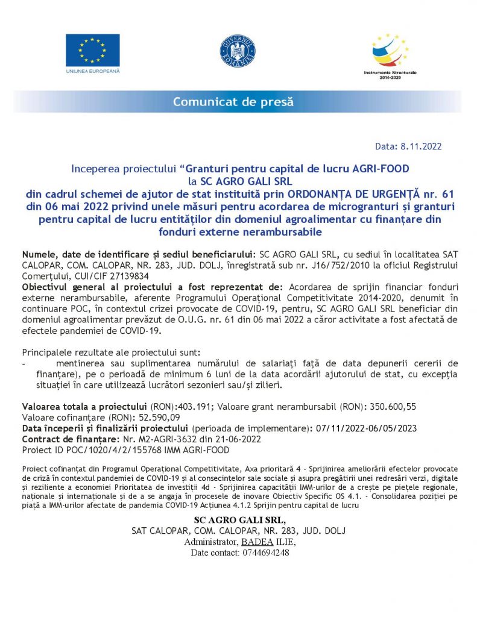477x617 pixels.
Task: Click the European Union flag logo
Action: point(92,50)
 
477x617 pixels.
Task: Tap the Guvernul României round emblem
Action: point(238,51)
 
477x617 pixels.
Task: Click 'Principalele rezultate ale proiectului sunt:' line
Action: point(112,352)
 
